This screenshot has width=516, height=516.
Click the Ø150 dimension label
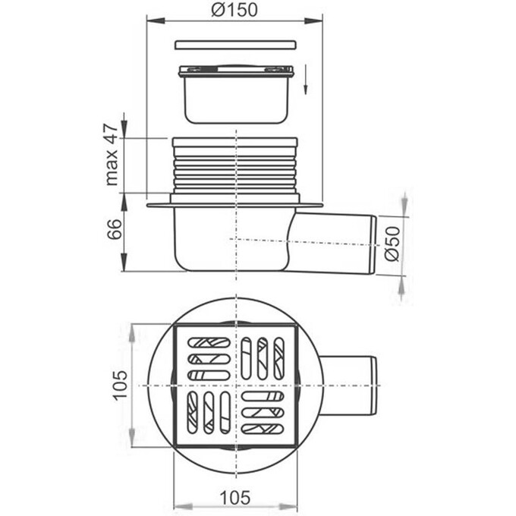click(x=234, y=10)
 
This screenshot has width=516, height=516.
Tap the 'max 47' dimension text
click(x=112, y=155)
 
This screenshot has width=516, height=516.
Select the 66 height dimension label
click(x=114, y=229)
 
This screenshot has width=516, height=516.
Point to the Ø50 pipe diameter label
click(x=392, y=244)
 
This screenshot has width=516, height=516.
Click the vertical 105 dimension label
click(x=120, y=385)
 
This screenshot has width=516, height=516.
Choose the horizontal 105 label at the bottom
click(x=235, y=498)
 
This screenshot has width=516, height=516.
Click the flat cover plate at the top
click(x=235, y=45)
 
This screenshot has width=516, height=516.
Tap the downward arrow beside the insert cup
click(x=306, y=80)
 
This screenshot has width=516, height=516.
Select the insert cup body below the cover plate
click(x=236, y=95)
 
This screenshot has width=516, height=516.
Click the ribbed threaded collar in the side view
click(x=235, y=166)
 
